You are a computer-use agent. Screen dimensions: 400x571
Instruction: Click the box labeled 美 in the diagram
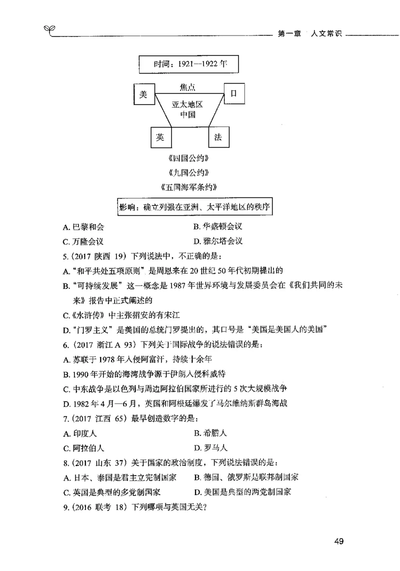click(x=143, y=95)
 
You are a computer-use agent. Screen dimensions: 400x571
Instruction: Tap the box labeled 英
click(x=160, y=137)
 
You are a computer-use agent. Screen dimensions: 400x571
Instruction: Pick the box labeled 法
click(x=218, y=137)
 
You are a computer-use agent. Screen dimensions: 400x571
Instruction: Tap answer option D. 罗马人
click(x=210, y=448)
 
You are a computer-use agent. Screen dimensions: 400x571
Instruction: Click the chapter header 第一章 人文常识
click(x=309, y=34)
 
